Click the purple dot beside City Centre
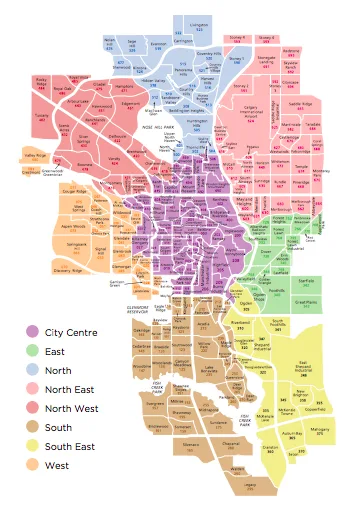tap(32, 331)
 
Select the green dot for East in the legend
tap(32, 350)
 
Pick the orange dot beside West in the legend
tap(32, 465)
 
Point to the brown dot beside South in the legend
tap(32, 427)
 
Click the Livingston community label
tap(199, 19)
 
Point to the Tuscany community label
tap(42, 115)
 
